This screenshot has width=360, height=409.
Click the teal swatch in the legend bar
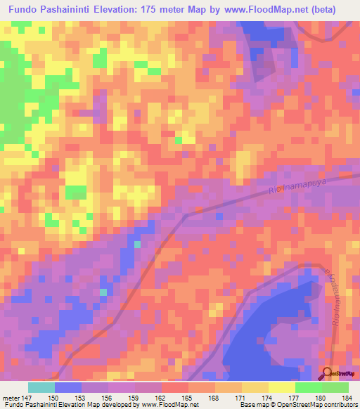41,387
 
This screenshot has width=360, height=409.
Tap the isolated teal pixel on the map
103,292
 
